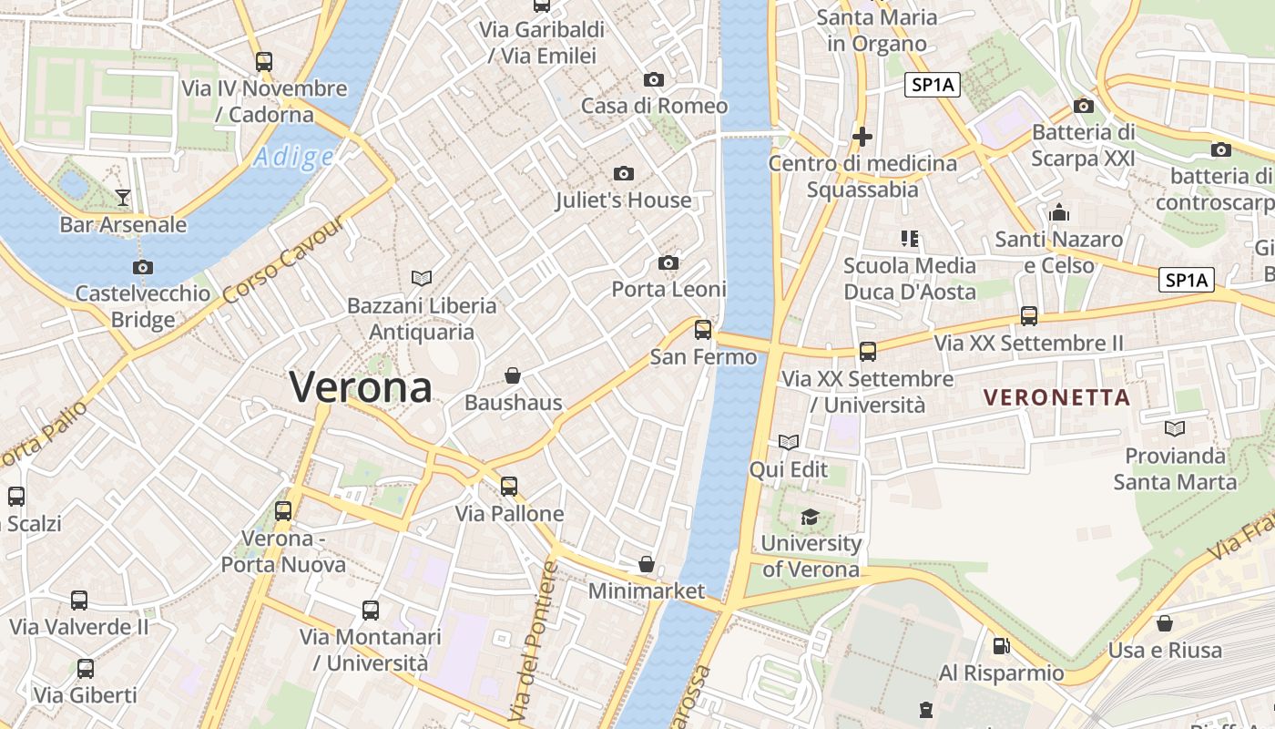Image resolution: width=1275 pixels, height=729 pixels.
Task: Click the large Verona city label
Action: (361, 387)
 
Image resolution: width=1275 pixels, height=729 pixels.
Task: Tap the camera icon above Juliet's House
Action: (624, 173)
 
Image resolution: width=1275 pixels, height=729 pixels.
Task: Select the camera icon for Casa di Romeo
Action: (654, 79)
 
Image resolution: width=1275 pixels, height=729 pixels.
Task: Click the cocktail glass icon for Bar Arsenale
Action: (123, 197)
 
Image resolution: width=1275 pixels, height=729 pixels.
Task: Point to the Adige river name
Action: (293, 158)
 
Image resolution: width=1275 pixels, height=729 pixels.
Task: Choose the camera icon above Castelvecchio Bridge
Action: (143, 267)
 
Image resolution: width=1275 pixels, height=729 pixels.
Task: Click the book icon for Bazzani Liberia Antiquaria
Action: (422, 278)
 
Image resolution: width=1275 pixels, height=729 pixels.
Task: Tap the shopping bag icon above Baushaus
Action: (513, 375)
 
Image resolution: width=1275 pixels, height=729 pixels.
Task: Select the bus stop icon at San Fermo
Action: (703, 329)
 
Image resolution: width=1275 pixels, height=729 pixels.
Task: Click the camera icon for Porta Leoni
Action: (668, 263)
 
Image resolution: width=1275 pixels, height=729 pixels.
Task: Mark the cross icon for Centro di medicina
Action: (862, 137)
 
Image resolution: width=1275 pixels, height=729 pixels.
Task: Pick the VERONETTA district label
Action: (1057, 397)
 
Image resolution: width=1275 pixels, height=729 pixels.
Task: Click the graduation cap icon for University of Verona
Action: (810, 518)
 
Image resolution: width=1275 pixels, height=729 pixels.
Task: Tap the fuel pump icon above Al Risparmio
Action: (1001, 646)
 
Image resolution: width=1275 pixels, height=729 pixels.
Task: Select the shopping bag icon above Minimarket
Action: (647, 564)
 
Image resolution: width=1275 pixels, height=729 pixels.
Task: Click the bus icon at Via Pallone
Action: (509, 486)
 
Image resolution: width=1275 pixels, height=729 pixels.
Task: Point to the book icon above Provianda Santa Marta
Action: (1175, 428)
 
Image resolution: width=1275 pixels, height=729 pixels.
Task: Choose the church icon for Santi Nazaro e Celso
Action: (1059, 212)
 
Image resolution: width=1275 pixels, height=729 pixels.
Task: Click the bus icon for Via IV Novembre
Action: (264, 62)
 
